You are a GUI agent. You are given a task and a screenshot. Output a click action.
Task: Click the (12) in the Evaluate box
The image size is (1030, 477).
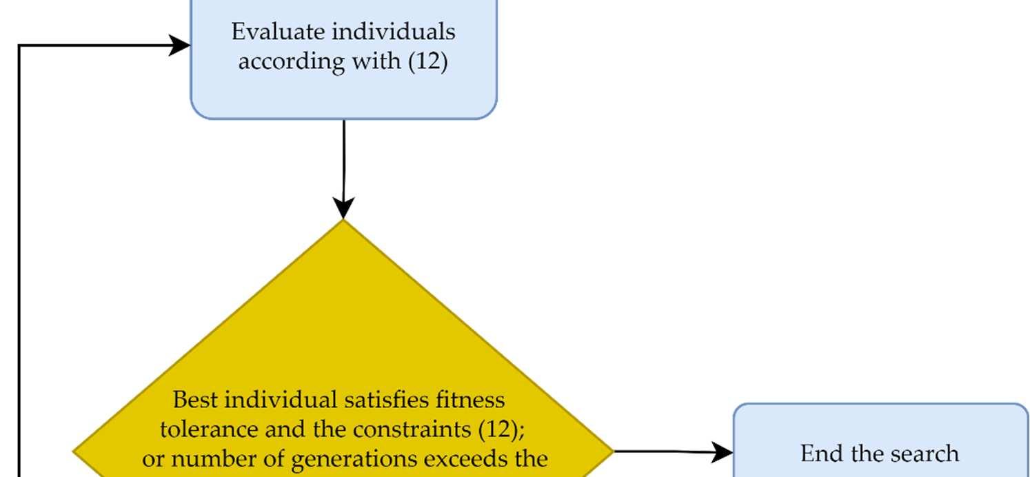point(427,62)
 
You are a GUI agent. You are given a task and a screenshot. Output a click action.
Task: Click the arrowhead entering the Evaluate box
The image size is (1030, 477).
point(181,46)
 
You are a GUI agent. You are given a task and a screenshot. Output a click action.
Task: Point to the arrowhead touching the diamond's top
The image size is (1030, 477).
point(343,208)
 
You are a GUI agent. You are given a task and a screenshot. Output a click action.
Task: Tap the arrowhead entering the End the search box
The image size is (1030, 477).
point(723,453)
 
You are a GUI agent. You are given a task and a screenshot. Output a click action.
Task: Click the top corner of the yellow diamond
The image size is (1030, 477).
point(343,221)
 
